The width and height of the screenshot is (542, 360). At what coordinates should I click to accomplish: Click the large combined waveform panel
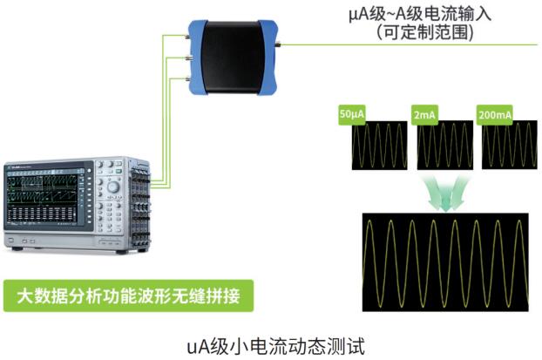tap(445, 262)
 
